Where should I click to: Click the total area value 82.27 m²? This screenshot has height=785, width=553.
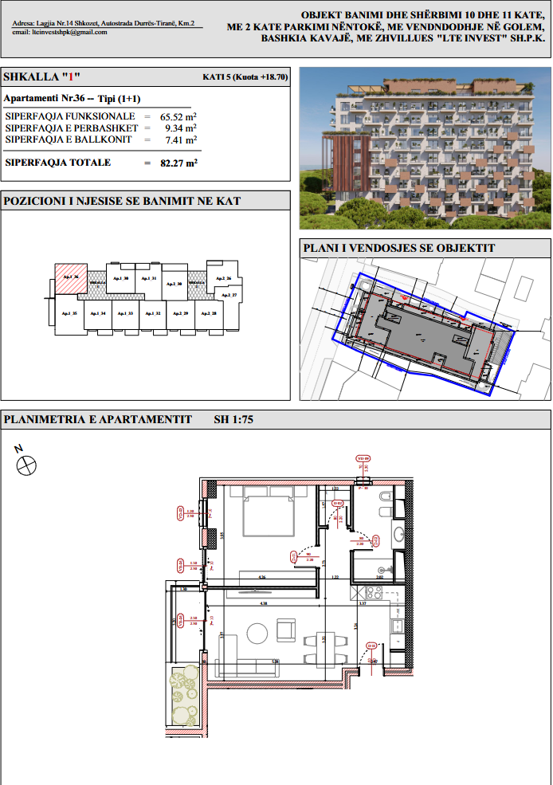click(x=181, y=163)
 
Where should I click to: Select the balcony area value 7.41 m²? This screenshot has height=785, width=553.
click(x=181, y=139)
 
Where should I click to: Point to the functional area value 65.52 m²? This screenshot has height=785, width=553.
click(x=179, y=116)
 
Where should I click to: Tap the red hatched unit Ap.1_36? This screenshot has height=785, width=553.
click(x=69, y=278)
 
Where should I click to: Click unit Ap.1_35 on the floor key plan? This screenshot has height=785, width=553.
click(x=69, y=313)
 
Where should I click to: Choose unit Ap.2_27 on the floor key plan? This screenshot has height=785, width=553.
click(x=229, y=296)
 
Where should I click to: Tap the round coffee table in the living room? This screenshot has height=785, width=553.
click(x=257, y=634)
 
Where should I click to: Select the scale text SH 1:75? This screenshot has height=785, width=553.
click(x=233, y=419)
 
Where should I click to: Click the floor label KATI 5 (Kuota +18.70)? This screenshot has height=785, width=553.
click(x=245, y=78)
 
